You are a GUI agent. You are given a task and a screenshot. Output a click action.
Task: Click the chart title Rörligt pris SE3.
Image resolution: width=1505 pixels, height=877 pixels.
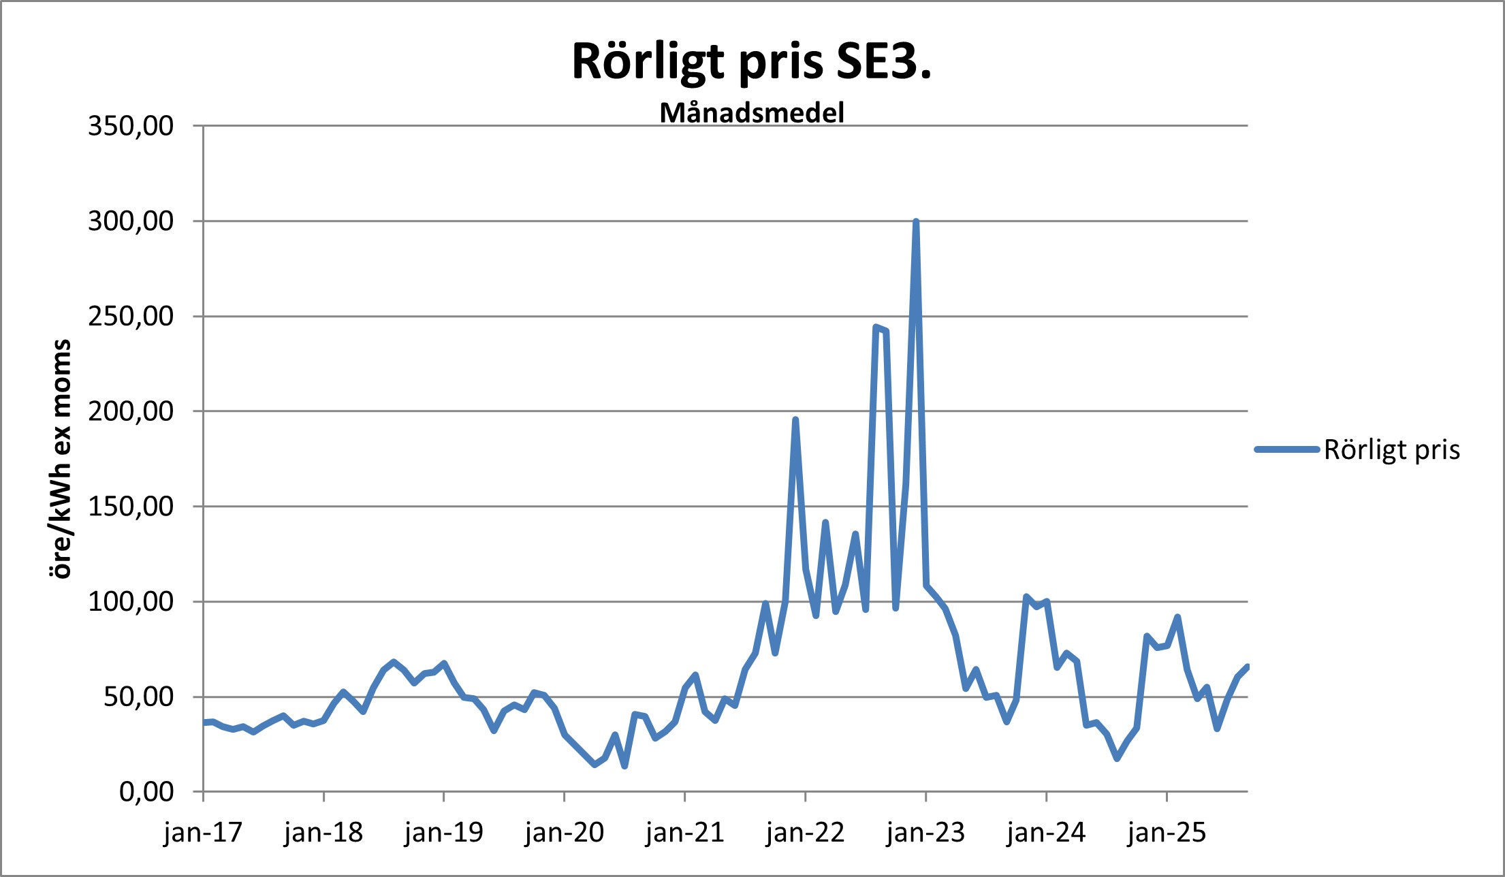pyautogui.click(x=751, y=61)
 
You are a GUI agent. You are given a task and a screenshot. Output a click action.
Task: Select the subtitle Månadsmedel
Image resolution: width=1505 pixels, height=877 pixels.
pyautogui.click(x=752, y=113)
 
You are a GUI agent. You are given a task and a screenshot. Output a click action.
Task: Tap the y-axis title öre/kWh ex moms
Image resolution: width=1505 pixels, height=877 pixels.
pyautogui.click(x=61, y=459)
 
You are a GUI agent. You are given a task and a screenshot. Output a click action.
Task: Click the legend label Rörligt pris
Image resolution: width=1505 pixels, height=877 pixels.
pyautogui.click(x=1391, y=450)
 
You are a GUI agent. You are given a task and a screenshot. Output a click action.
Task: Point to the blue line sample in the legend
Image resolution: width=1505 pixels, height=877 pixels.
pyautogui.click(x=1286, y=449)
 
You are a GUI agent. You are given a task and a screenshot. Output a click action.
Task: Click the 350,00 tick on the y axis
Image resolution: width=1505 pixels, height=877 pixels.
pyautogui.click(x=131, y=126)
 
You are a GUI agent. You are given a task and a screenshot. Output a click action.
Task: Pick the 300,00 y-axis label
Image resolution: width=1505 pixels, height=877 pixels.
pyautogui.click(x=131, y=221)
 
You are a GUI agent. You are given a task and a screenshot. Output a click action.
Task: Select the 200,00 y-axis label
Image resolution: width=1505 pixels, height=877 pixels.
pyautogui.click(x=131, y=411)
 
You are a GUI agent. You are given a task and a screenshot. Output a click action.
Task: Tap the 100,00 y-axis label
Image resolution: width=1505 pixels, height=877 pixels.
pyautogui.click(x=131, y=602)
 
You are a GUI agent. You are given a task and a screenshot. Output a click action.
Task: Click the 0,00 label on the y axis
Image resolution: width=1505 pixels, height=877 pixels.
pyautogui.click(x=146, y=792)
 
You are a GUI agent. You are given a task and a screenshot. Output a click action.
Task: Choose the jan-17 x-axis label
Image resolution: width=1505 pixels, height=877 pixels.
pyautogui.click(x=203, y=833)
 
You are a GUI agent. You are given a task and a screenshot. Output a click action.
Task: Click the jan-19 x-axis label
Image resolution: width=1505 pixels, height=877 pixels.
pyautogui.click(x=443, y=833)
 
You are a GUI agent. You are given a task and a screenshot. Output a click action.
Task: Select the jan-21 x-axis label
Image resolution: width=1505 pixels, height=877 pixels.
pyautogui.click(x=684, y=833)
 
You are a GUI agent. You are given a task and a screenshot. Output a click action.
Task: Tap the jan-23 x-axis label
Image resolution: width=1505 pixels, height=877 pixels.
pyautogui.click(x=925, y=833)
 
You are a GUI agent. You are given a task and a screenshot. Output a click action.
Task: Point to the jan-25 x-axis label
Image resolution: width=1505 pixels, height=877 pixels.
pyautogui.click(x=1167, y=833)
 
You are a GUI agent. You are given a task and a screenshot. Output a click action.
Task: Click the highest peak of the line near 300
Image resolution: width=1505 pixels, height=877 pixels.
pyautogui.click(x=916, y=222)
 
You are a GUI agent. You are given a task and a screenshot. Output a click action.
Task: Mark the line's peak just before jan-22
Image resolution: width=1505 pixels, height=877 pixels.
pyautogui.click(x=795, y=420)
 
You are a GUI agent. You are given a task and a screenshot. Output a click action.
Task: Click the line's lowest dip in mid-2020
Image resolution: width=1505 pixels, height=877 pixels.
pyautogui.click(x=624, y=767)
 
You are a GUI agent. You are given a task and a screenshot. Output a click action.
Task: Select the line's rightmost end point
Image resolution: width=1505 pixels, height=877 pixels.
pyautogui.click(x=1247, y=667)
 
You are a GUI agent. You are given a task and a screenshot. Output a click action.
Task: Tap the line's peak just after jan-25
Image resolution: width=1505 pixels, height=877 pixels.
pyautogui.click(x=1177, y=617)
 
